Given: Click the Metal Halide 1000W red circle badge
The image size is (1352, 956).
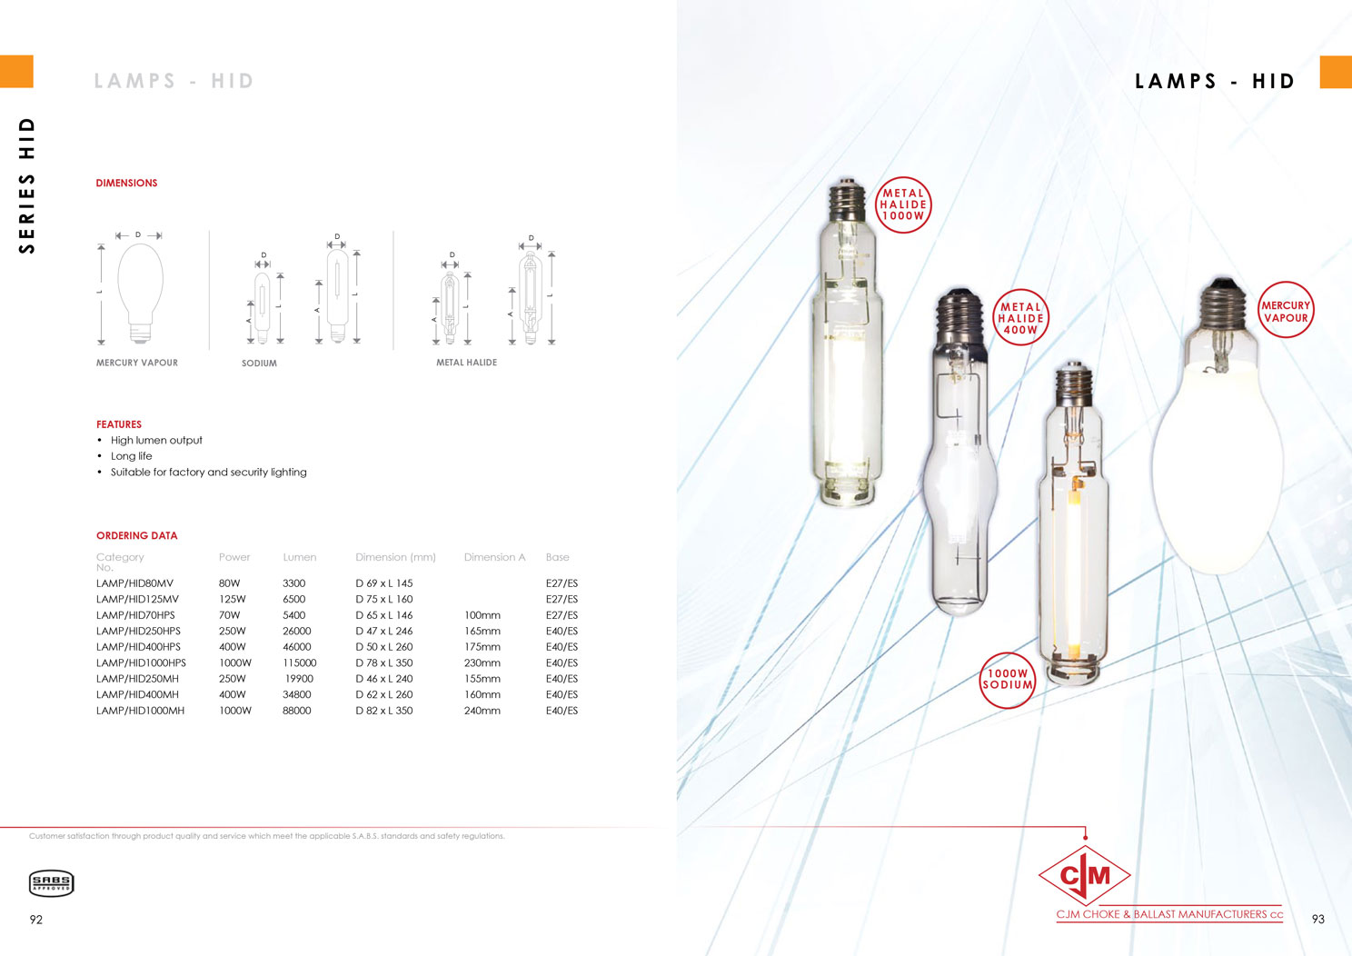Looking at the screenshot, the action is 903,204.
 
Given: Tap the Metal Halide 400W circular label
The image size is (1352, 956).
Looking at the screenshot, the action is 1020,317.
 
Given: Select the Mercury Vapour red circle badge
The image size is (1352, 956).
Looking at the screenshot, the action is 1286,310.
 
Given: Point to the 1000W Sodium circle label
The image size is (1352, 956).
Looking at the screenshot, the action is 1008,680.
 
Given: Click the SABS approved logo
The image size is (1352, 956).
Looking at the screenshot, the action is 51,883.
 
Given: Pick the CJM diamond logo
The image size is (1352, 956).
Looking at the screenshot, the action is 1085,875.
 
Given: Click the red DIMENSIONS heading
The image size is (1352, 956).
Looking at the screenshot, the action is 127,183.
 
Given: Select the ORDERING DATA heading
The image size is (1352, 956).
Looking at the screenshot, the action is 137,535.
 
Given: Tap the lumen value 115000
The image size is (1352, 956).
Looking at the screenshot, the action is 299,662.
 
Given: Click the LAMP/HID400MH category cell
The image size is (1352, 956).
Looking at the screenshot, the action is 137,694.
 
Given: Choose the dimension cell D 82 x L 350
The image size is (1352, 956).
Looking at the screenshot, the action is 384,711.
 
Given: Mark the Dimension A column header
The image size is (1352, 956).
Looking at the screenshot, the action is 495,557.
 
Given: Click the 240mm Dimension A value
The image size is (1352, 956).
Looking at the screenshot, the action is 482,711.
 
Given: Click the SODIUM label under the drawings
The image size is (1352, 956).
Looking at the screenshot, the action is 260,363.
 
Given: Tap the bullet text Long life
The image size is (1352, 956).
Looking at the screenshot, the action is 132,456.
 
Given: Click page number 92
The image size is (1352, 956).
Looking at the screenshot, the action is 36,919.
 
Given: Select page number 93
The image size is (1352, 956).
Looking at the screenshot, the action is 1318,919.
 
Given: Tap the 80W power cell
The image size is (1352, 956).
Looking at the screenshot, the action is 229,583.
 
